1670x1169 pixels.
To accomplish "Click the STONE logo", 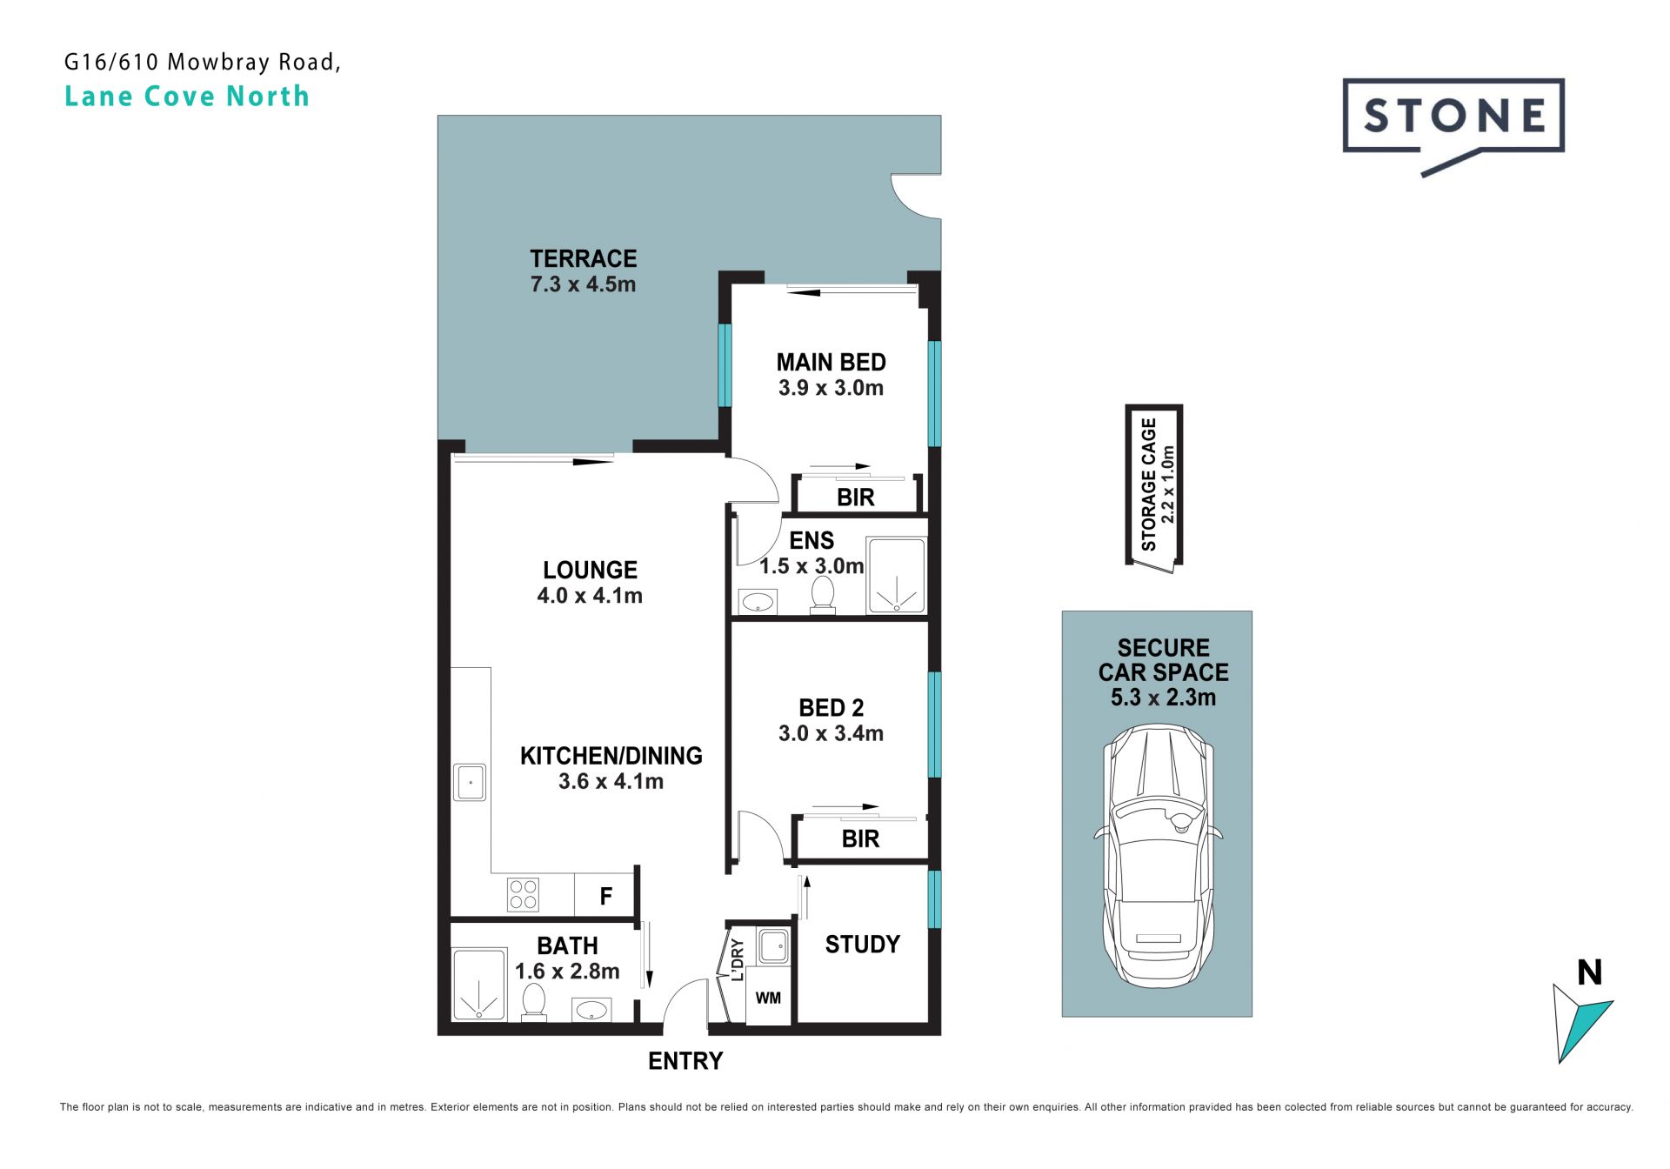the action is (1453, 122).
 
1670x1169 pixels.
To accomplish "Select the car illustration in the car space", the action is (1158, 855).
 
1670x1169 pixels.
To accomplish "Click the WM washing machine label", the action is (768, 998).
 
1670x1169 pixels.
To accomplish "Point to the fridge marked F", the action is (606, 895).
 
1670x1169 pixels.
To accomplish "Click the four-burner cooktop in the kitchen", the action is (523, 895).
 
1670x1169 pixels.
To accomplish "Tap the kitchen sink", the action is (471, 782).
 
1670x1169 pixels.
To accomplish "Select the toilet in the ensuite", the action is (822, 596).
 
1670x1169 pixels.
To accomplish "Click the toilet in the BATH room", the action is (533, 1002).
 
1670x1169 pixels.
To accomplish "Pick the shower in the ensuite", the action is (896, 575).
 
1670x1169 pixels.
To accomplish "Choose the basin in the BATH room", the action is (591, 1010).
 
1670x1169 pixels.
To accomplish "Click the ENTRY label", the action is (685, 1061).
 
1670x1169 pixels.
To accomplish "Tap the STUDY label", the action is (862, 945).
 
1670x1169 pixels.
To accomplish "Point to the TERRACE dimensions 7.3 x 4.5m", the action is (583, 284).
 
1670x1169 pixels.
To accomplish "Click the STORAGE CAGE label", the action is (1149, 484).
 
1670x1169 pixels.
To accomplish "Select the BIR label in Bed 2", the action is (860, 839).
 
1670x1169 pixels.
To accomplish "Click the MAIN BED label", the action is (831, 362).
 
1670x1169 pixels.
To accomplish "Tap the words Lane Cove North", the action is (187, 96).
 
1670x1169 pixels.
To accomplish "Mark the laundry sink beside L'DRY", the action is (773, 946).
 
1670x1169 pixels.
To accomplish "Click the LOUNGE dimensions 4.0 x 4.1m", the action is (590, 596).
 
